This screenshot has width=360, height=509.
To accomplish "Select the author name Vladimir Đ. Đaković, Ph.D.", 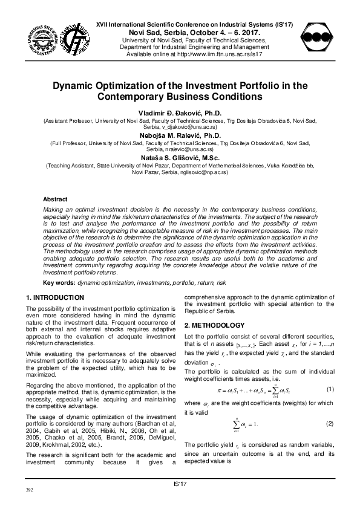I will [x=180, y=112].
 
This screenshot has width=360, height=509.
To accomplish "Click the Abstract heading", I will [x=55, y=199].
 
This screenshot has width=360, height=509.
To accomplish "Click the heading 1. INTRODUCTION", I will [x=56, y=297].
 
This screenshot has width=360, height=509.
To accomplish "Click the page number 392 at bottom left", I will [x=28, y=488].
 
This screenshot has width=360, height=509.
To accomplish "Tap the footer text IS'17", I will [x=180, y=483].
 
